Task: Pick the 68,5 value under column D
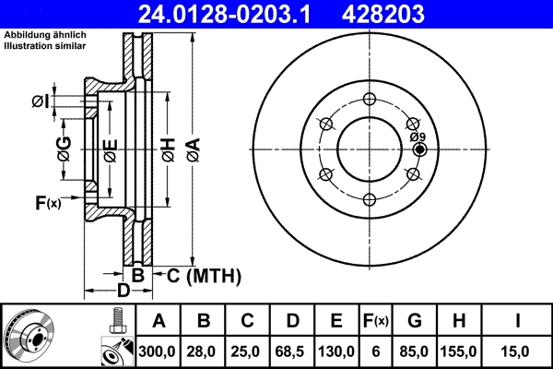point(291,351)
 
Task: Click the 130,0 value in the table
point(338,351)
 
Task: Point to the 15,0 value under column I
point(518,351)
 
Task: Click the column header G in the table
point(415,321)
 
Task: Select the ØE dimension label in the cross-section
point(110,148)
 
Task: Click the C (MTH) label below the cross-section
point(198,275)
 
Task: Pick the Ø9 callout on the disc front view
point(418,137)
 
